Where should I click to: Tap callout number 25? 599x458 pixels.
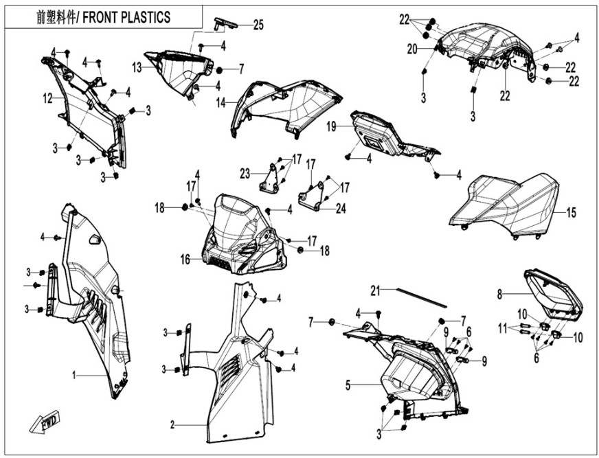(258, 25)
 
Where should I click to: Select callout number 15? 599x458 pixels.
(571, 214)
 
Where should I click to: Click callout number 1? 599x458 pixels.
(76, 376)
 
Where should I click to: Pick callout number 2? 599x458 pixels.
(172, 425)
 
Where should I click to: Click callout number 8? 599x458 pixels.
(500, 294)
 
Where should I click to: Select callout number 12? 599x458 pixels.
(47, 99)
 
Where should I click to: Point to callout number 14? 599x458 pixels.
(221, 102)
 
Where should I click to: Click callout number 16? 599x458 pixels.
(185, 260)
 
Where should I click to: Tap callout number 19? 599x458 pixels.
(330, 126)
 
